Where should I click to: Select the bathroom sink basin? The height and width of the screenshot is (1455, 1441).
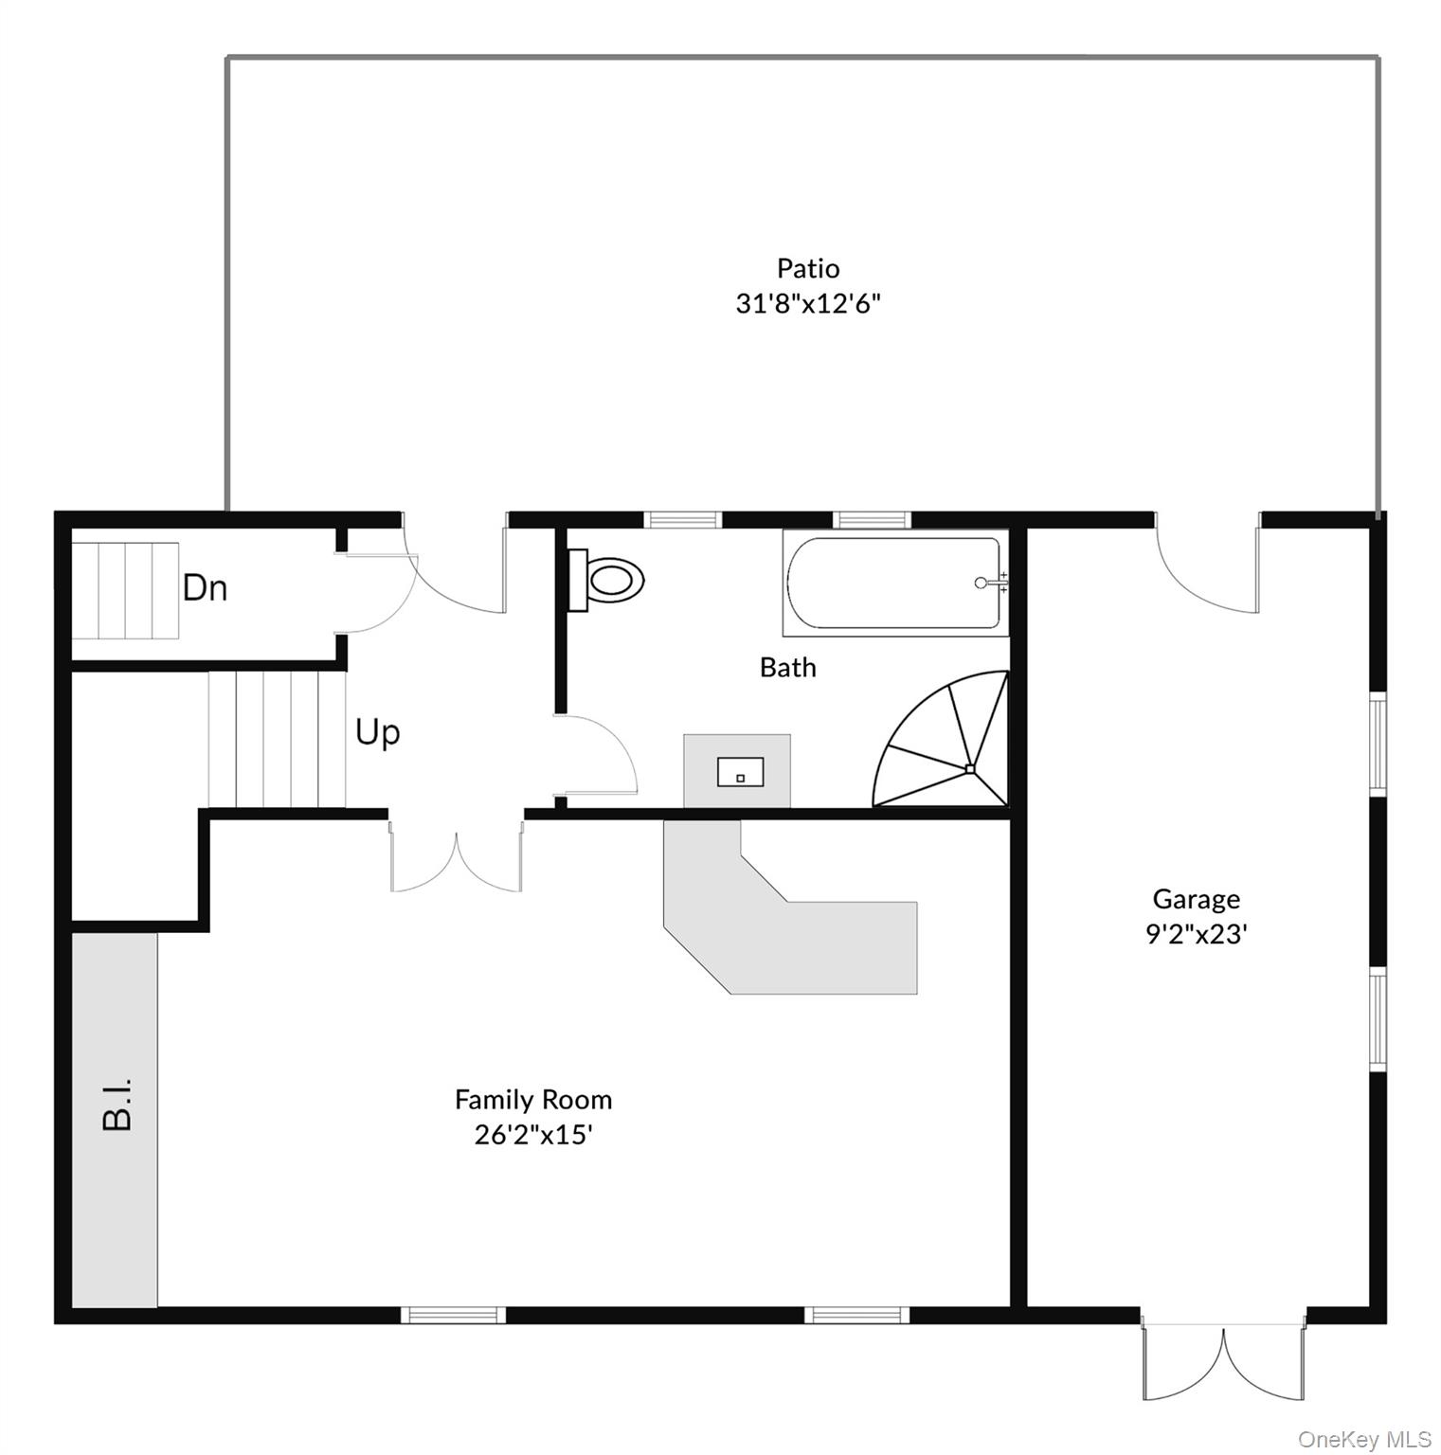pos(740,772)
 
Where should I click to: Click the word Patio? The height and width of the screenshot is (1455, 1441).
pos(808,269)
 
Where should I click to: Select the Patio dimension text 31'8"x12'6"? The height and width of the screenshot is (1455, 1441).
pos(808,304)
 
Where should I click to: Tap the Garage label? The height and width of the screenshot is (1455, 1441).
pos(1196,899)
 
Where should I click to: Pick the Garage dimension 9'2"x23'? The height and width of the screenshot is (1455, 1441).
pos(1196,934)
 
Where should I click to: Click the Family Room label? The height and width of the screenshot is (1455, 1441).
pos(533,1100)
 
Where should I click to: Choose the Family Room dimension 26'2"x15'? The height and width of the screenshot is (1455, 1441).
pos(533,1135)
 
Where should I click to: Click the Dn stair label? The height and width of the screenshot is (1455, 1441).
pos(205,588)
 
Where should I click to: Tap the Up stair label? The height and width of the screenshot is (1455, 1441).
pos(378,732)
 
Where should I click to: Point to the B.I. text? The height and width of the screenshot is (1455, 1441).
pos(116,1104)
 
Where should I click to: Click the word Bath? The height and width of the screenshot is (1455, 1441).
pos(787,668)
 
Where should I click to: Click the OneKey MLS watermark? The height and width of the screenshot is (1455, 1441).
pos(1364,1440)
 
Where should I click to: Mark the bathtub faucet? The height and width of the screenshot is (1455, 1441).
pos(990,583)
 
